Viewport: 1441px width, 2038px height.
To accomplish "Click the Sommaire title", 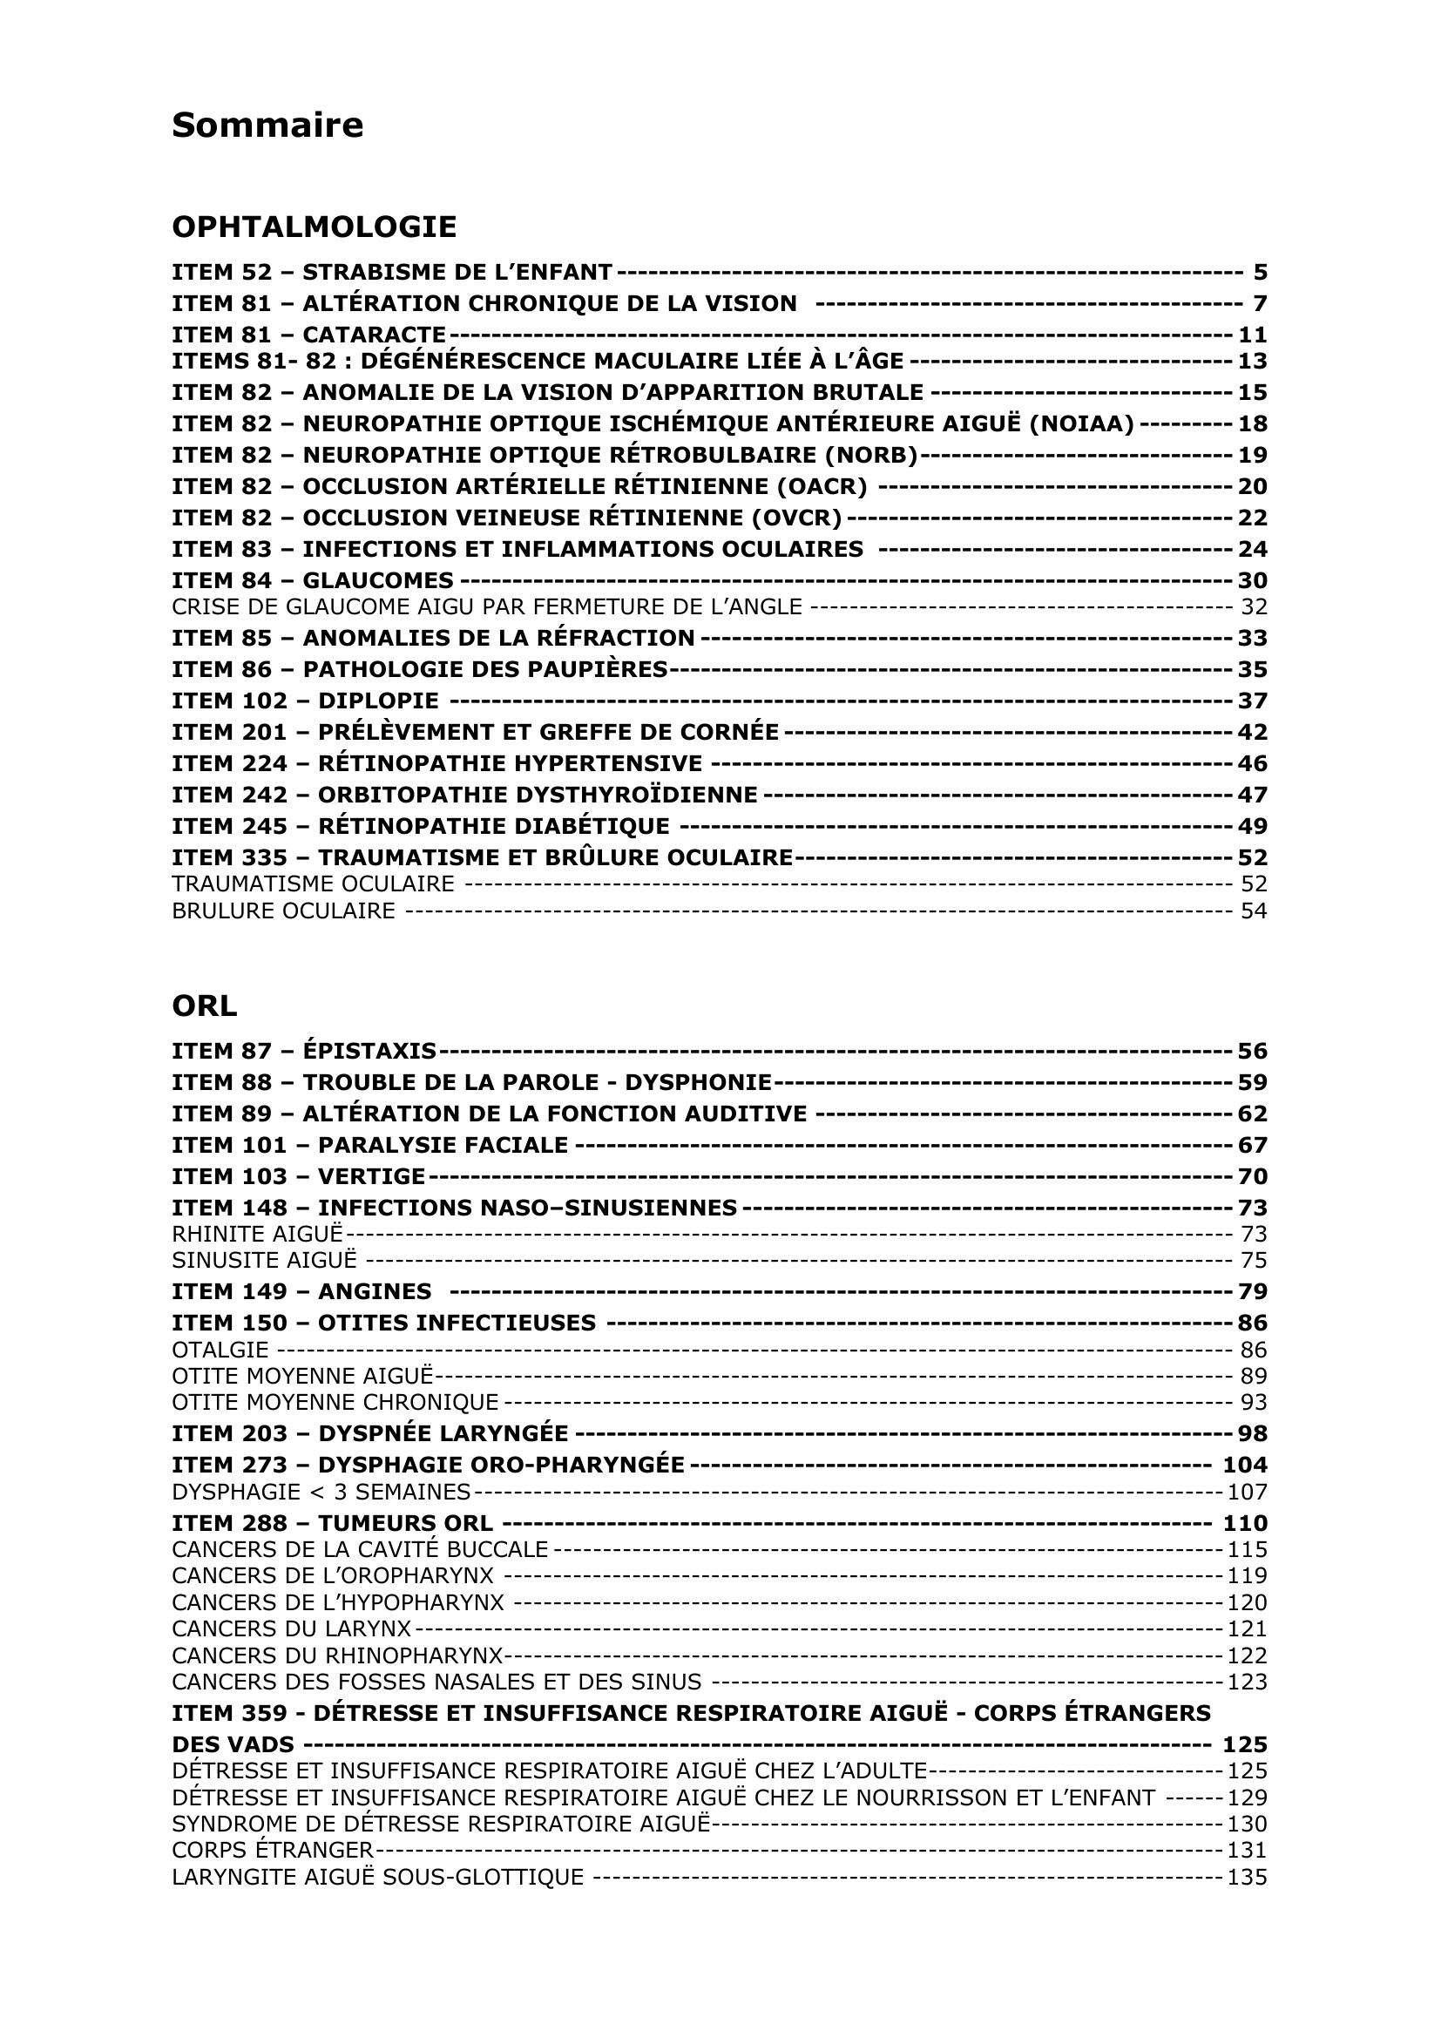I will pyautogui.click(x=267, y=125).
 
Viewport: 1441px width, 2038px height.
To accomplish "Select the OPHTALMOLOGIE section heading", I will pyautogui.click(x=315, y=227).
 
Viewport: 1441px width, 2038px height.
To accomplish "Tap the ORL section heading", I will pyautogui.click(x=204, y=1005).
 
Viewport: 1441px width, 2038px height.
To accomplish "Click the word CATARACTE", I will pyautogui.click(x=374, y=335).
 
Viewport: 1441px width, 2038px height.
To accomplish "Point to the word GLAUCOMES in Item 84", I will pyautogui.click(x=378, y=580).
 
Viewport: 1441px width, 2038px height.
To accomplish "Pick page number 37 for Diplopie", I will pyautogui.click(x=1252, y=701).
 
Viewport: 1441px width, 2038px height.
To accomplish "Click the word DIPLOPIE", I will pyautogui.click(x=378, y=701).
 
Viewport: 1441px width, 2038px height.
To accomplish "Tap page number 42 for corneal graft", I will pyautogui.click(x=1252, y=732).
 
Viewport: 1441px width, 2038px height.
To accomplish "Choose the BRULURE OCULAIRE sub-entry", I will pyautogui.click(x=283, y=911).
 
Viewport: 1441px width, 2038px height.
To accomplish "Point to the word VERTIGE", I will pyautogui.click(x=372, y=1176).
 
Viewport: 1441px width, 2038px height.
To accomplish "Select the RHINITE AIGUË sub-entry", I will pyautogui.click(x=257, y=1234).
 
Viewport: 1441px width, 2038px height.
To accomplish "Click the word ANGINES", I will pyautogui.click(x=375, y=1291).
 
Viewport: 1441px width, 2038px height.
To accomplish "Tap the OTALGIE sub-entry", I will pyautogui.click(x=220, y=1350).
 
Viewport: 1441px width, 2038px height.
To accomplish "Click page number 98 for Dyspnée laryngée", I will pyautogui.click(x=1252, y=1433).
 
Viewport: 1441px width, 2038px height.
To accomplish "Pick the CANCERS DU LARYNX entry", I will pyautogui.click(x=291, y=1628).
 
